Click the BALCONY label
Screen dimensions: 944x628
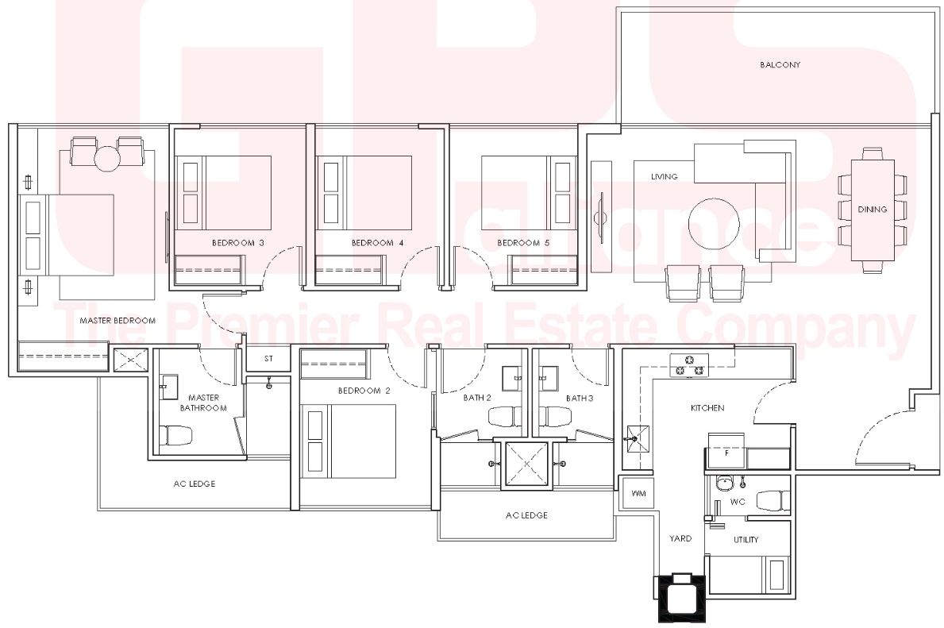tap(780, 64)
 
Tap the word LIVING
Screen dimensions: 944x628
tap(664, 176)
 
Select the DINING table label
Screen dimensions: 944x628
tap(873, 210)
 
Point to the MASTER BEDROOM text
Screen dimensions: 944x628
tap(118, 320)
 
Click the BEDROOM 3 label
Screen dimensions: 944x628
tap(238, 243)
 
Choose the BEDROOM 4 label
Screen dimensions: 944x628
tap(377, 243)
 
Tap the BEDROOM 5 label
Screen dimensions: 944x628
tap(523, 243)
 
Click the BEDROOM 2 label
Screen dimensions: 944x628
tap(364, 391)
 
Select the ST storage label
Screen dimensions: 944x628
tap(268, 358)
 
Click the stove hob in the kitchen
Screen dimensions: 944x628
tap(689, 365)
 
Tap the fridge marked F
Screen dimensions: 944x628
tap(726, 450)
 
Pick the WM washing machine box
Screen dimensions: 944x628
tap(639, 493)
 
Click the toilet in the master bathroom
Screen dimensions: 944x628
tap(175, 436)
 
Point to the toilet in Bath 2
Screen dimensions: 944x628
tap(504, 417)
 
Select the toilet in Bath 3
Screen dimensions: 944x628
tap(556, 417)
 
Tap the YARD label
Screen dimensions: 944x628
tap(680, 538)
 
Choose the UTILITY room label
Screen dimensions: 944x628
tap(746, 540)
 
